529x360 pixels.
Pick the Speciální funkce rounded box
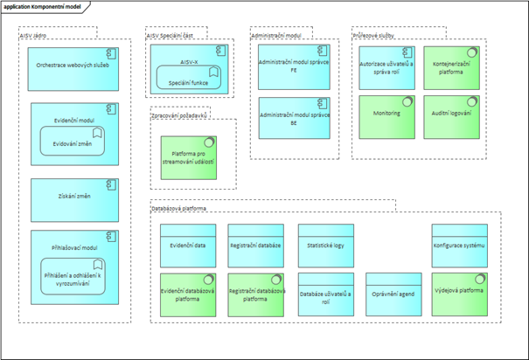click(x=183, y=82)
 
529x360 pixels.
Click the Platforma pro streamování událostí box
click(x=187, y=157)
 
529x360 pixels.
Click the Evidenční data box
click(x=188, y=245)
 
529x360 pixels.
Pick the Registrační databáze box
click(x=254, y=245)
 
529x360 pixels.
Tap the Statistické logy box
click(x=324, y=245)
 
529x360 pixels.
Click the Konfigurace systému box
click(x=458, y=245)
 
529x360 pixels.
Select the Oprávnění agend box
click(x=393, y=293)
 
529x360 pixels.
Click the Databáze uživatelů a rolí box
click(x=324, y=293)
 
